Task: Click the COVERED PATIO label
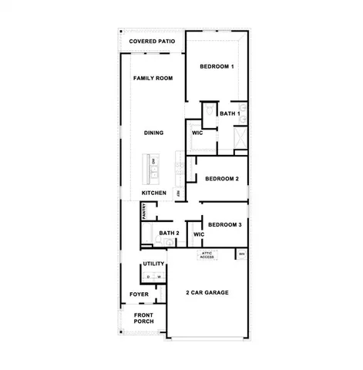click(x=152, y=42)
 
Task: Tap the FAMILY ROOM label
click(x=152, y=79)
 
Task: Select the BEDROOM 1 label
click(x=217, y=67)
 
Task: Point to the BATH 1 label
click(x=230, y=114)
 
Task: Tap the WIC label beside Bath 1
click(x=197, y=133)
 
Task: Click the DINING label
click(x=153, y=133)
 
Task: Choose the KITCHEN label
click(x=153, y=193)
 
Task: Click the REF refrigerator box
click(x=178, y=193)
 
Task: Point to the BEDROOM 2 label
click(x=222, y=179)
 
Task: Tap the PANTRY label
click(x=143, y=211)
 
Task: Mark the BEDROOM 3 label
click(x=224, y=224)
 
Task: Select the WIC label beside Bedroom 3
click(x=198, y=234)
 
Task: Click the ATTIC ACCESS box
click(x=207, y=255)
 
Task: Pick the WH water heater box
click(x=241, y=254)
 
